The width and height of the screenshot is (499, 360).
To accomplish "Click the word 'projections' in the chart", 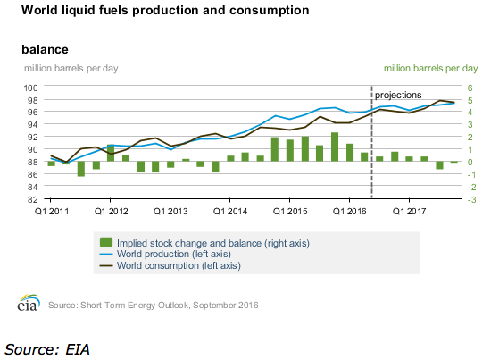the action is (x=398, y=96).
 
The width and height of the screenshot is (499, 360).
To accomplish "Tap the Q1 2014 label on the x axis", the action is (x=230, y=211).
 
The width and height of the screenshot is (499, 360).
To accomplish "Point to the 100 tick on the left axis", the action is (x=30, y=88).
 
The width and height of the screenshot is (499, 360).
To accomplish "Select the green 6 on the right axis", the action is (x=470, y=88).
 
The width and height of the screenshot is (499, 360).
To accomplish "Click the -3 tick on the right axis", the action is (x=471, y=200).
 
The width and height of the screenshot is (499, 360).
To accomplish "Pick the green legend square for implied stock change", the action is (x=106, y=242).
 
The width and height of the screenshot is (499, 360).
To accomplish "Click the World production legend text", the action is (x=174, y=255).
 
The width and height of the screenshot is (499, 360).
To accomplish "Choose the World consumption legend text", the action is (x=179, y=265).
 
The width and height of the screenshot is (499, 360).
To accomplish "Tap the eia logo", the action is (x=29, y=302).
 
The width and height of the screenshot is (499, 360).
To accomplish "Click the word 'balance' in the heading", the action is (x=45, y=49).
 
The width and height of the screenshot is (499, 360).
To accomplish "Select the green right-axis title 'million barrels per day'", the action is (x=430, y=69).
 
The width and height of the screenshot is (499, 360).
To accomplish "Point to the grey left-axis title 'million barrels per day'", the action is (x=71, y=69).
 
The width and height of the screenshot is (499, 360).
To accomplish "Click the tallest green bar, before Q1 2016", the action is (x=335, y=147).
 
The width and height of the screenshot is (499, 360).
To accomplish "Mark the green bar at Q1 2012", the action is (x=111, y=153).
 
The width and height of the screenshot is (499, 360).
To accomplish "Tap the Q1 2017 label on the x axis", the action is (x=409, y=211).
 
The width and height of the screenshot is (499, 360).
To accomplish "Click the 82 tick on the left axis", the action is (x=32, y=200).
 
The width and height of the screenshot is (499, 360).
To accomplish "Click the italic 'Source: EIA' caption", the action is (x=47, y=349).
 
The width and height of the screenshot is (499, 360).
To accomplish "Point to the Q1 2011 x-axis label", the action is (x=51, y=211).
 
